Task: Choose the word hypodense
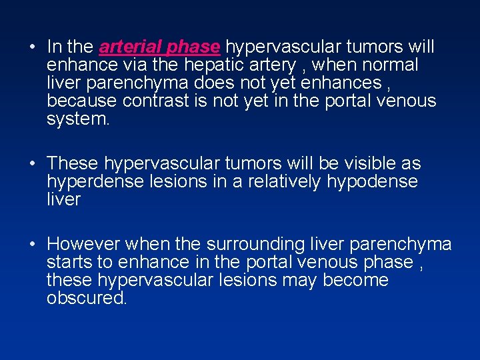coord(372,182)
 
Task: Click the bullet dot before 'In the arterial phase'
coord(33,48)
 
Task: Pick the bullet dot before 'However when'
coord(33,245)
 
